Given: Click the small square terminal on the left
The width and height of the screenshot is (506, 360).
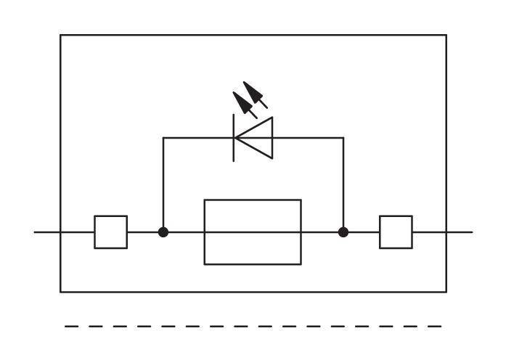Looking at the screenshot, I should point(110,232).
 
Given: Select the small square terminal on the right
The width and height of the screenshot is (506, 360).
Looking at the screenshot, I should point(396,232).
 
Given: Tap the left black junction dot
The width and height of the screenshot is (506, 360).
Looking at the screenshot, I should point(163,232).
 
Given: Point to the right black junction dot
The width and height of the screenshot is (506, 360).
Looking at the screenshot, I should point(343,232).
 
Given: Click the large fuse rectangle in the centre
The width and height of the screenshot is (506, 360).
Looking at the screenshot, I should point(253,232).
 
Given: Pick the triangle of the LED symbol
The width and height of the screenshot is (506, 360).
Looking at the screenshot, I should point(256,137).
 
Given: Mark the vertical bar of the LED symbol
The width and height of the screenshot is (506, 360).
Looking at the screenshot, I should point(234,137).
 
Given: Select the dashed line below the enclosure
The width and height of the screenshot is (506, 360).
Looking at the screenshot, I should point(253,327).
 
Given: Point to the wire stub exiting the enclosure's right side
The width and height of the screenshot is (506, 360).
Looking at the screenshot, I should point(460,232).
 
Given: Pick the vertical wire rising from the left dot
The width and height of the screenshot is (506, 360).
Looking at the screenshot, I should point(163,185).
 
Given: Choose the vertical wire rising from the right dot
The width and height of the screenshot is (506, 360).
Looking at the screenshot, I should point(343,185).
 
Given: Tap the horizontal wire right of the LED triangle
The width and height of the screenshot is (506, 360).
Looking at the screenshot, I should point(308,137).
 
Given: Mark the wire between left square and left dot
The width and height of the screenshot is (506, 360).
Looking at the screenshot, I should point(144,232).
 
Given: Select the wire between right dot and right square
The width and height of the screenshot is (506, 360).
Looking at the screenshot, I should point(362,232).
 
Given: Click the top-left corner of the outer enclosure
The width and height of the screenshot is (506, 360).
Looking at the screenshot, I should point(60,35).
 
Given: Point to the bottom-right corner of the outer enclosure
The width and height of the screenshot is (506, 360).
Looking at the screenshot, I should point(446,292).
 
